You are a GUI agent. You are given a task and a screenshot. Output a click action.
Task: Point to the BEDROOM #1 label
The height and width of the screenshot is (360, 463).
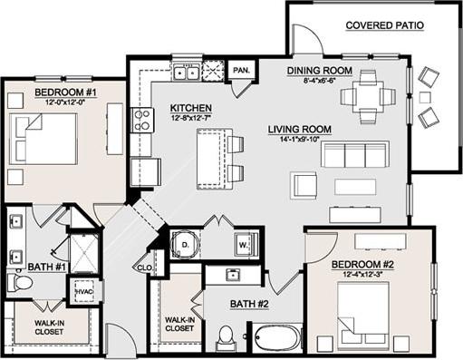pos(66,92)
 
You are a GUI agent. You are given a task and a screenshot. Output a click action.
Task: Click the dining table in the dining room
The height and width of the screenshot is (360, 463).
pos(368,94)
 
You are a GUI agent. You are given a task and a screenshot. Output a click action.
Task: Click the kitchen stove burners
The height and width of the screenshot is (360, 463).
pos(142,119)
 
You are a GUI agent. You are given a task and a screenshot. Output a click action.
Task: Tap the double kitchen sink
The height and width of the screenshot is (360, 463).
pos(188,73)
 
